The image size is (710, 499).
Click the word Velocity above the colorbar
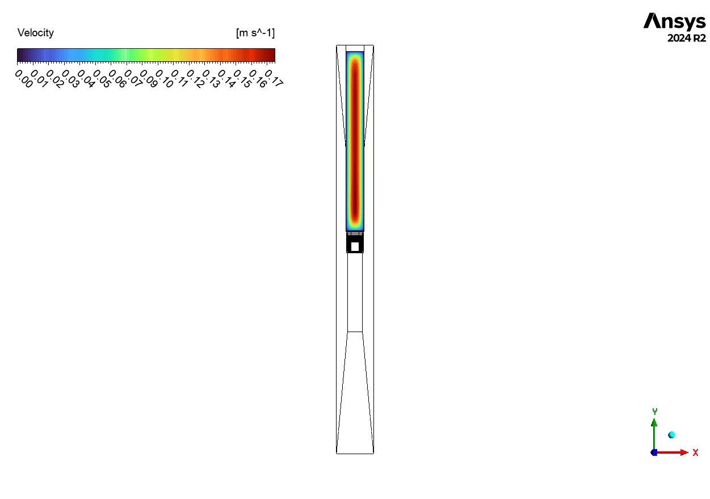[x=36, y=33]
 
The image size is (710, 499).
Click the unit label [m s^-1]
[x=255, y=33]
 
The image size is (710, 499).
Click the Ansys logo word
[x=674, y=22]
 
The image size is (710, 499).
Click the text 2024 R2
[x=687, y=39]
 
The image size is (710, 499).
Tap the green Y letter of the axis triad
[x=654, y=411]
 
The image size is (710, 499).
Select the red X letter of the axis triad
[x=695, y=452]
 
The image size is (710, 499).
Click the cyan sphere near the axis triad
[x=671, y=435]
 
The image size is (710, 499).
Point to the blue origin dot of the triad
[x=654, y=452]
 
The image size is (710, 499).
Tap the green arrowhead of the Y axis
[x=654, y=422]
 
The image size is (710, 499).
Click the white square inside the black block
[x=355, y=246]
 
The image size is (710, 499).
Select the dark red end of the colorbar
[x=271, y=55]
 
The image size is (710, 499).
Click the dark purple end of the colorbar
[x=20, y=55]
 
